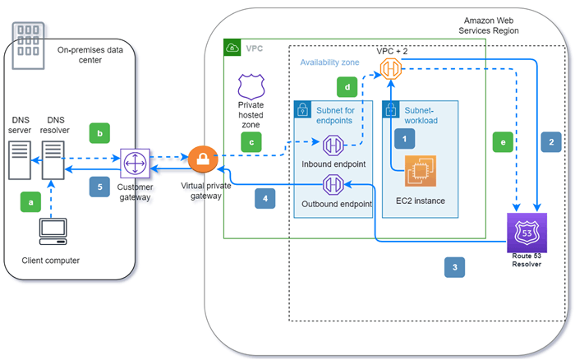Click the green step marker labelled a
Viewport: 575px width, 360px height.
[x=31, y=202]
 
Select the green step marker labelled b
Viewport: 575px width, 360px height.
[x=99, y=133]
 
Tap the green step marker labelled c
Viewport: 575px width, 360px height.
[x=251, y=142]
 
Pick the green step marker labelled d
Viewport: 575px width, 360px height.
[x=347, y=87]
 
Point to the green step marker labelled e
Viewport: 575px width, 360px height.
[x=503, y=142]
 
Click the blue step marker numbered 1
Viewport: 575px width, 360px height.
[x=404, y=139]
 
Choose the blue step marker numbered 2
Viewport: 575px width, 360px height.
[x=551, y=142]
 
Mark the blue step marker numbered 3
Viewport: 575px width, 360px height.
[x=455, y=267]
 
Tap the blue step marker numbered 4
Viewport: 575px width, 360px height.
[x=265, y=199]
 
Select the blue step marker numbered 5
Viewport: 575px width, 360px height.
[x=99, y=187]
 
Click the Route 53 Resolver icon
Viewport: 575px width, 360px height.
[x=527, y=233]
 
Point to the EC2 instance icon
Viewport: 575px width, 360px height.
[x=421, y=171]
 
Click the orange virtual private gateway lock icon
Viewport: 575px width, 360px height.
[x=203, y=159]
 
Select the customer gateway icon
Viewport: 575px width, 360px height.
[x=136, y=164]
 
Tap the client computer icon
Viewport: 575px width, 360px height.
[x=53, y=232]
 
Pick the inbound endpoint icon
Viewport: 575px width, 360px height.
[x=333, y=145]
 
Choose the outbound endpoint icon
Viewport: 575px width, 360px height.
[x=333, y=184]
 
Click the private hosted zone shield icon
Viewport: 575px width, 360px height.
[x=251, y=86]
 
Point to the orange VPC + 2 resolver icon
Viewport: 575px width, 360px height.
[x=391, y=68]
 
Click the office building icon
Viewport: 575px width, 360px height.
[x=28, y=46]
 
